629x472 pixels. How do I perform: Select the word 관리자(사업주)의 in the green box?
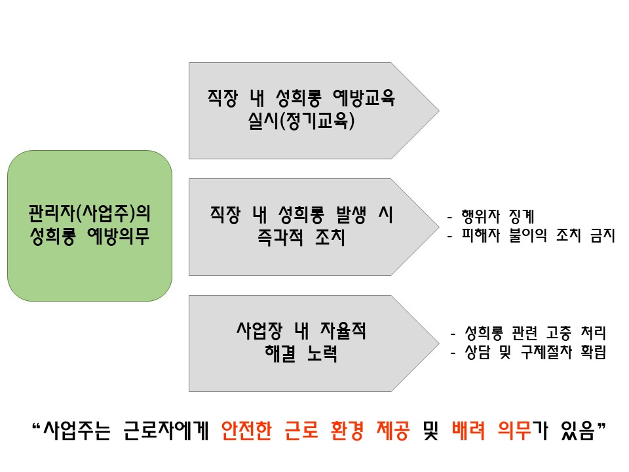pos(90,214)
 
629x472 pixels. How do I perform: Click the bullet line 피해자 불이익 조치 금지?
pos(531,236)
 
